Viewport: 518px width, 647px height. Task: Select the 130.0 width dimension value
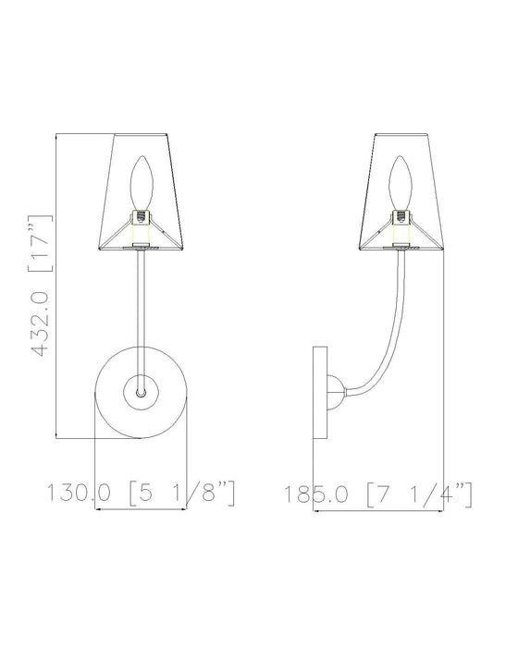pos(82,494)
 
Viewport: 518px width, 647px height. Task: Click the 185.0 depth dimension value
pos(318,494)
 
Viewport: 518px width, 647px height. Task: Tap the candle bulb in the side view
pos(403,183)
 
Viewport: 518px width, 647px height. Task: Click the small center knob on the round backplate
pos(141,393)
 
